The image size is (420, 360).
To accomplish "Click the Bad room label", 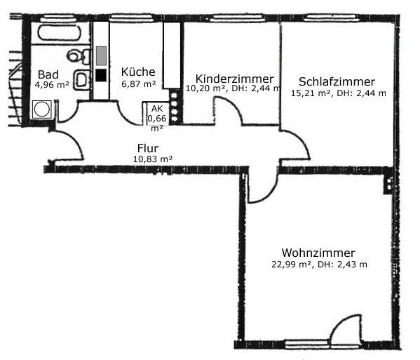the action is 48,74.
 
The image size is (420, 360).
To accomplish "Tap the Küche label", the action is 138,72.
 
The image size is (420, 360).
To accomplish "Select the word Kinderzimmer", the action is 234,79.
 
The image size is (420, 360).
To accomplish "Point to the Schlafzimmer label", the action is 337,81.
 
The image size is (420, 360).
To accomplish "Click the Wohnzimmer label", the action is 318,253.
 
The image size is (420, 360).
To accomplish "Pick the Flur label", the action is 148,148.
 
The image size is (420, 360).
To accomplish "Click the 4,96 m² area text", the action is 52,85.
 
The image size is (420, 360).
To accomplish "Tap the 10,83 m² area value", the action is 153,159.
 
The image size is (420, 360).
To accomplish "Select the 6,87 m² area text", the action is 139,84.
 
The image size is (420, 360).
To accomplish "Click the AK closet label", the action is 157,109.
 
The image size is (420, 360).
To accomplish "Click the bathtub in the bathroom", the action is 60,33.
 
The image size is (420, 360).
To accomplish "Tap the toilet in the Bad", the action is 79,56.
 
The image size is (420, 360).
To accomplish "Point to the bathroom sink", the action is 81,79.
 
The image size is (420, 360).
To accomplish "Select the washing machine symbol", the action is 42,109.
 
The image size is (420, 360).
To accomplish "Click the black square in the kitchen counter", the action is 101,75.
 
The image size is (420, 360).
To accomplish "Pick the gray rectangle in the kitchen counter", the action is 101,55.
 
